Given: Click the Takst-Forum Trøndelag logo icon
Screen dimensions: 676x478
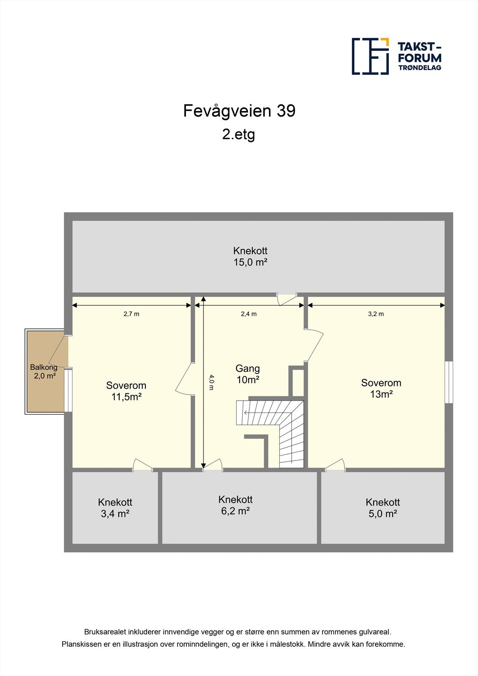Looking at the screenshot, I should point(370,56).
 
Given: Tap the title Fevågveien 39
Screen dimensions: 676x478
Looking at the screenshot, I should point(239,111).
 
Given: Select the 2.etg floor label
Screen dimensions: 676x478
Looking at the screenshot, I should point(239,135).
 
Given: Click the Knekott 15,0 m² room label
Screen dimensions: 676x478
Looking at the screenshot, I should point(250,256).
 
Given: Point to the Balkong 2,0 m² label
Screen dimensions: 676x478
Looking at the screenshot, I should point(44,372).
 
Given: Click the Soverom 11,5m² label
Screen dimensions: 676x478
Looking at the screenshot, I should point(126,391).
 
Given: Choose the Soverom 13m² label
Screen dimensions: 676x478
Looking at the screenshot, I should point(381,388).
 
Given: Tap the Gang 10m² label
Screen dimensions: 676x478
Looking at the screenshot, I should point(248,374).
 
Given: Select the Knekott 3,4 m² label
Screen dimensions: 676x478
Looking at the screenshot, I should point(115,508).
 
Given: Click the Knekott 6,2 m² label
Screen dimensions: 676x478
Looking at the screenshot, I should point(235,505).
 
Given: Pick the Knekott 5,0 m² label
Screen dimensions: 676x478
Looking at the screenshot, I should point(382,508).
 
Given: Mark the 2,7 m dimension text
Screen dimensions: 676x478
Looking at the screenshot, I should point(131,314).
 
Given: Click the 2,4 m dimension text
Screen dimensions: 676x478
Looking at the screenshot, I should point(249,314).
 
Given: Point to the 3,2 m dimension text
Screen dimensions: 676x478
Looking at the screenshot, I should point(376,314).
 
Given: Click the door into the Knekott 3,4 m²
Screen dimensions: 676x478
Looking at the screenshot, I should point(142,466).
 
